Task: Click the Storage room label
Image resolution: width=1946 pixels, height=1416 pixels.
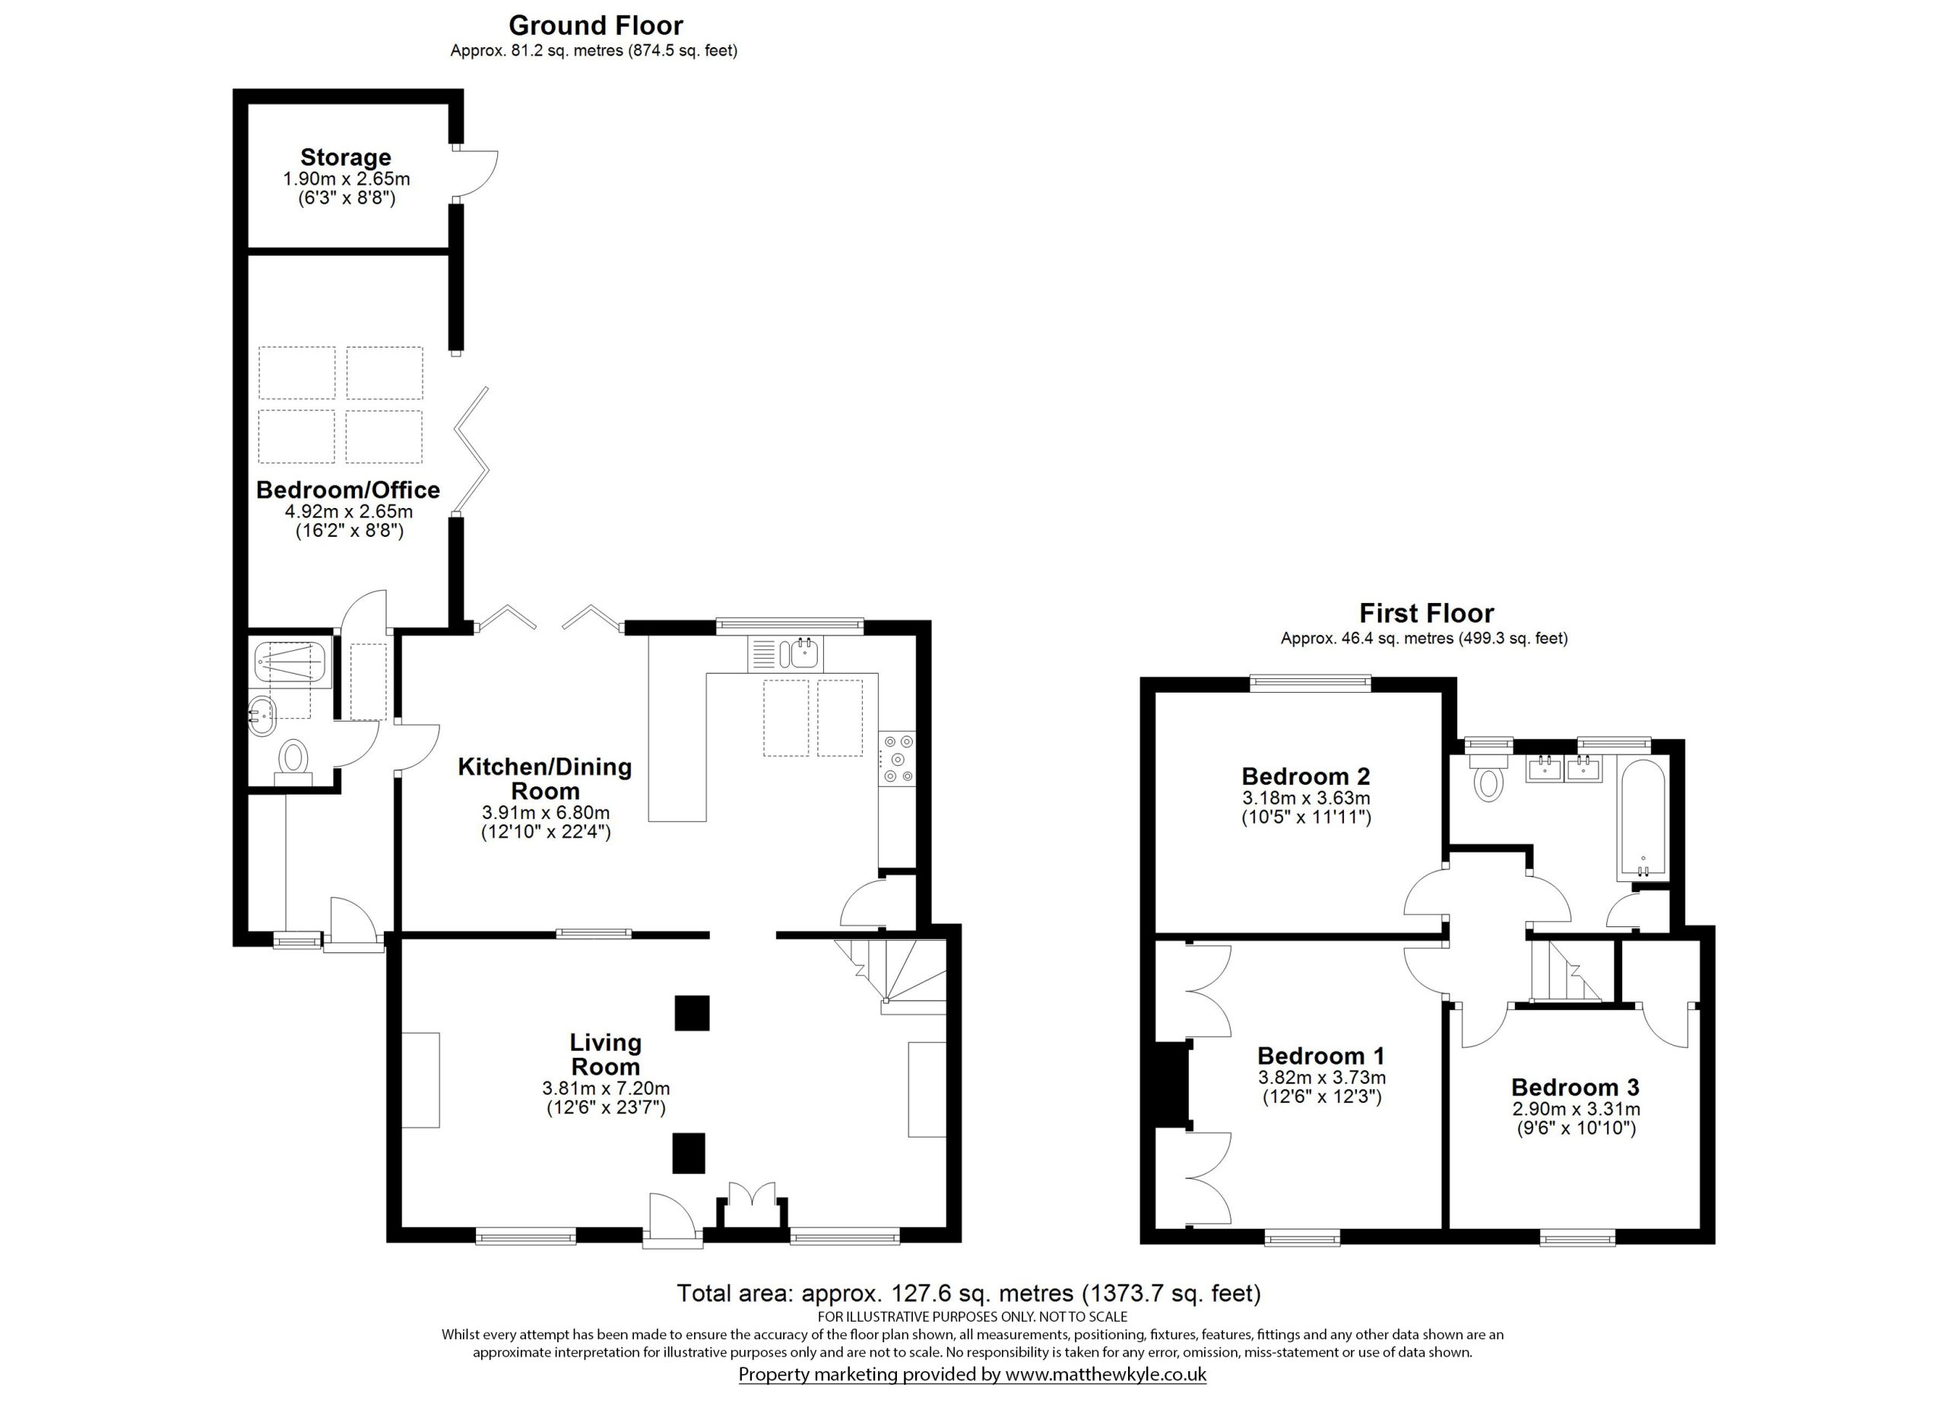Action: coord(345,157)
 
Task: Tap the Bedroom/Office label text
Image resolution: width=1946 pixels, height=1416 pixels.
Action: coord(347,490)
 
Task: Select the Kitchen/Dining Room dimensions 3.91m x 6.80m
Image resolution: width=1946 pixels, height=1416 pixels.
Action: coord(546,813)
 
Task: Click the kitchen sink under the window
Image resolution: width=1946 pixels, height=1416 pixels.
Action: coord(805,655)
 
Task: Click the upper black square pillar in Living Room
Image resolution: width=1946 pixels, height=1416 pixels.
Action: coord(692,1013)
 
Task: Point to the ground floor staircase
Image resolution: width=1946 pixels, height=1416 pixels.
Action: coord(892,974)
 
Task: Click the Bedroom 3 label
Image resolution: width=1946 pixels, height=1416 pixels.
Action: coord(1575,1087)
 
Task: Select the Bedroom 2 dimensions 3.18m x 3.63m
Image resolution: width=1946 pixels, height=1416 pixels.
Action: coord(1306,798)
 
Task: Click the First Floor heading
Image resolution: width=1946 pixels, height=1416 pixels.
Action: coord(1426,613)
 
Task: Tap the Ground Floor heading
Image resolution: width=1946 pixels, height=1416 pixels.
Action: coord(595,25)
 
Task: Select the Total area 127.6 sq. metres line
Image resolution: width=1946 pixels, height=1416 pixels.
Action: coord(968,1292)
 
